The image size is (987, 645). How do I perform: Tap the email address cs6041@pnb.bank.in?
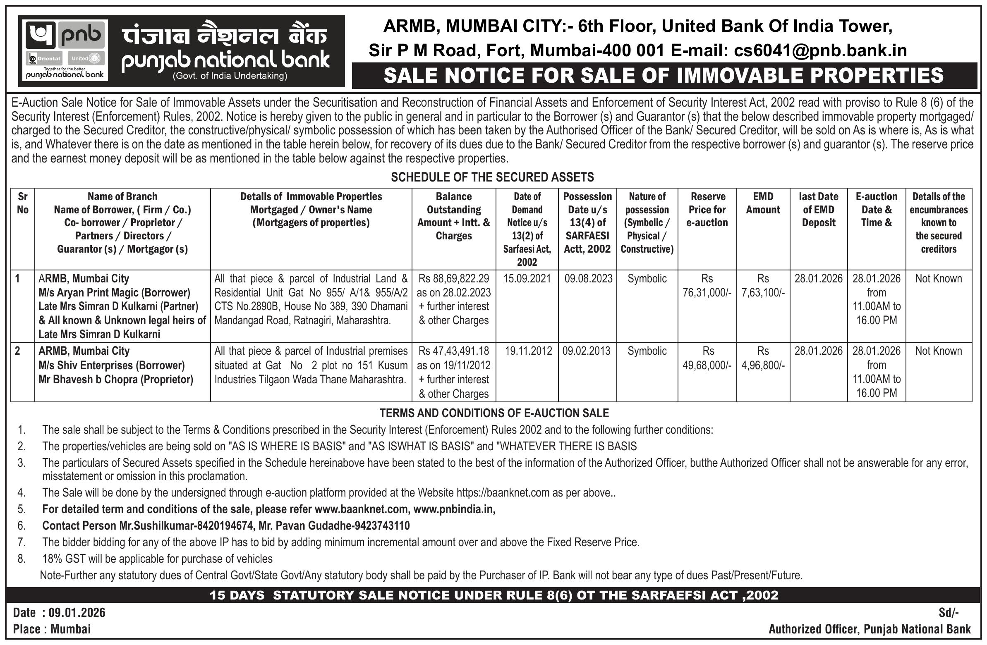pos(820,50)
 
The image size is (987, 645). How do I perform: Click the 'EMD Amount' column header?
pos(763,203)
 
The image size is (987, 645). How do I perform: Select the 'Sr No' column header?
pos(22,203)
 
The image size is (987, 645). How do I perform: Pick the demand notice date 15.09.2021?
pos(527,279)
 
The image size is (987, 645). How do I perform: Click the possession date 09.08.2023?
pos(588,279)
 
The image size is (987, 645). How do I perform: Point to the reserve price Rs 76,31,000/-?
pos(707,293)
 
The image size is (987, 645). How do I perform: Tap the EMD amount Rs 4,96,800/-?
pos(763,365)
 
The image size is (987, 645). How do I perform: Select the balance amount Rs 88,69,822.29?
pos(454,279)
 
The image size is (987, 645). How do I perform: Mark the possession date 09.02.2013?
pos(587,351)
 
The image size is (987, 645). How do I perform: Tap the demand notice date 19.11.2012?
pos(528,351)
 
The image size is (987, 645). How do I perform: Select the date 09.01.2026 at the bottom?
pos(77,612)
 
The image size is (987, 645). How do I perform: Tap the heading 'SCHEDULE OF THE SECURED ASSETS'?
pos(492,177)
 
